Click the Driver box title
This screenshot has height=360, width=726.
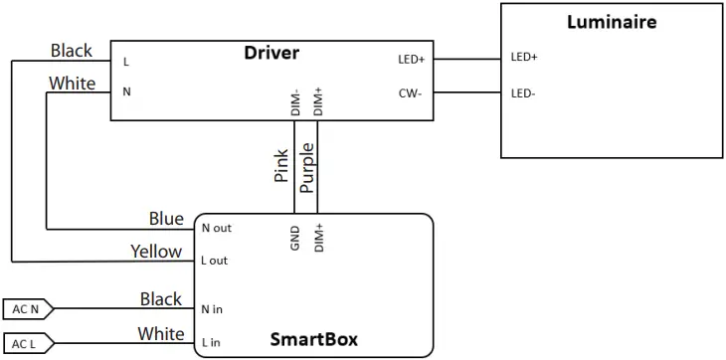click(x=272, y=53)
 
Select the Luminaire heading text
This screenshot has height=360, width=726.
click(x=612, y=22)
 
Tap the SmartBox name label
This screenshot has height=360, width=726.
click(x=314, y=340)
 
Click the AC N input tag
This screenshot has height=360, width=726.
click(x=26, y=308)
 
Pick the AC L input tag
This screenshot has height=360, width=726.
click(x=26, y=343)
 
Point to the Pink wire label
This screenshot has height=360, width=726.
click(x=281, y=166)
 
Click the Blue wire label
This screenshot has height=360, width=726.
click(x=165, y=218)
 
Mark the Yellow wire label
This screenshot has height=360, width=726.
click(x=156, y=251)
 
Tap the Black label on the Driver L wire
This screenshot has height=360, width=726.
click(x=71, y=51)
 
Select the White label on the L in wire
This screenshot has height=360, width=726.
click(x=160, y=332)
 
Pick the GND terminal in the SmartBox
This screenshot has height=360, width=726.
click(x=294, y=238)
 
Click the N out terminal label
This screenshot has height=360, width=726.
click(x=216, y=228)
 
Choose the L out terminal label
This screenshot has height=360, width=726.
click(x=215, y=261)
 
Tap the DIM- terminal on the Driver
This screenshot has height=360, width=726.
click(x=295, y=102)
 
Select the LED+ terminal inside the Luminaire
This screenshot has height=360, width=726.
click(x=524, y=58)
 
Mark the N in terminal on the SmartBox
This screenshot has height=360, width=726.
click(x=212, y=309)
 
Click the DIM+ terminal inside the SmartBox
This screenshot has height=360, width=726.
click(x=318, y=237)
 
